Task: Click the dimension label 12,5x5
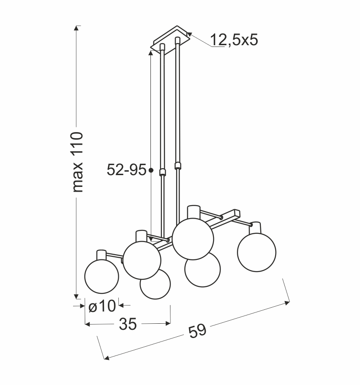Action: tap(234, 40)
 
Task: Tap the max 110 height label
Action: tap(77, 162)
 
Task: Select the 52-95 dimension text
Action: tap(127, 169)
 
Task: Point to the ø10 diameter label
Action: tap(102, 306)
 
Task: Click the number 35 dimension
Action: tap(128, 324)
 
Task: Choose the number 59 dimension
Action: tap(197, 331)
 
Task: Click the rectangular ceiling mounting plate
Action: tap(170, 40)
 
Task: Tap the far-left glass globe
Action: tap(101, 276)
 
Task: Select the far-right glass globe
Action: tap(257, 252)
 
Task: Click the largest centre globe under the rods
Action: tap(193, 239)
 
